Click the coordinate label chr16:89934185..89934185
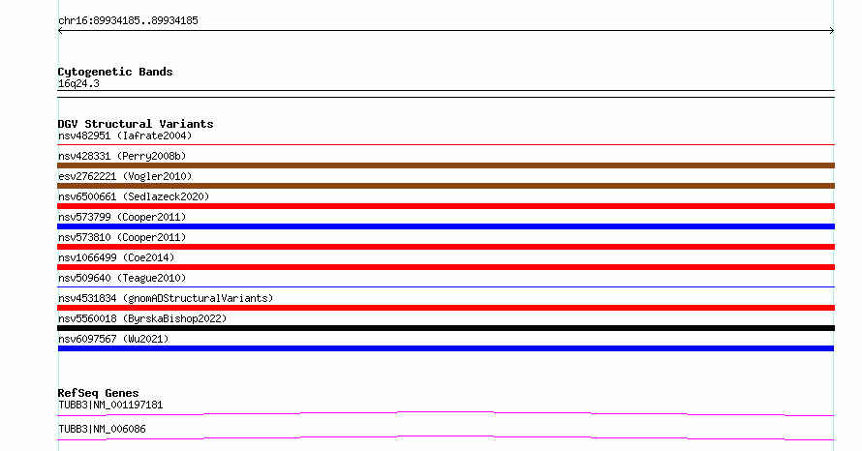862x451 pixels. pos(128,21)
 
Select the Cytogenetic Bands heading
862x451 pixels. pos(115,72)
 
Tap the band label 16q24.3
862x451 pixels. pos(78,84)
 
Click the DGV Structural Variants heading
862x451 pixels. pos(136,124)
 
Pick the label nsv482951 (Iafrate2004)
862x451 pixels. pos(125,135)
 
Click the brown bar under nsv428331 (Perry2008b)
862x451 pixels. pos(446,165)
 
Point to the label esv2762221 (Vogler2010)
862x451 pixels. pos(125,176)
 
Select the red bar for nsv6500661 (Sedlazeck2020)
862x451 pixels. pos(446,206)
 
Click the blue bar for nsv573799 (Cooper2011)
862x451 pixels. pos(446,226)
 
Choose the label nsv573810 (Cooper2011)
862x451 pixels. pos(122,237)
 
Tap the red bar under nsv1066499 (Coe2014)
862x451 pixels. pos(446,267)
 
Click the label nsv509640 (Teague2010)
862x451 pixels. pos(122,278)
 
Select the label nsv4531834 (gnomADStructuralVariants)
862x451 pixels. pos(166,298)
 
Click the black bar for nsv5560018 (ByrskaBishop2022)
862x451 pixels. pos(446,328)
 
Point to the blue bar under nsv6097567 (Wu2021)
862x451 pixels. pos(446,348)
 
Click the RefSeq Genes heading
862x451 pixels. pos(98,393)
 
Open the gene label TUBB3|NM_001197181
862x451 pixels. pos(110,406)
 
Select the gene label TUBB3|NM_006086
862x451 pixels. pos(102,429)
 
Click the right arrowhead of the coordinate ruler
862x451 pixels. pos(833,31)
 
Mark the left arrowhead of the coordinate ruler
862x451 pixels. pos(59,31)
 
